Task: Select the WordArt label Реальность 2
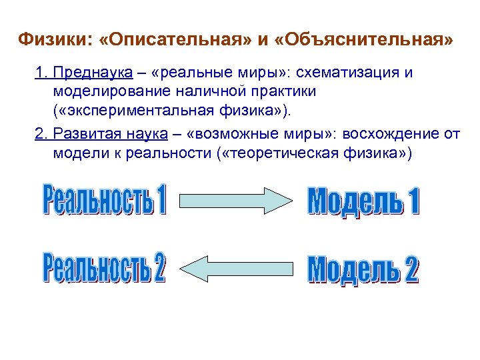point(105,267)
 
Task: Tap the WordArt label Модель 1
point(364,201)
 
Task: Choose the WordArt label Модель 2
point(364,268)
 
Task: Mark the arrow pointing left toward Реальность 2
point(237,267)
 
